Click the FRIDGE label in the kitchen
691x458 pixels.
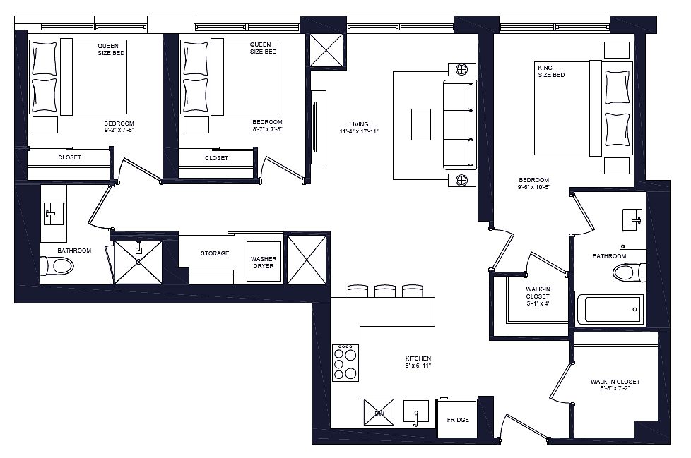point(457,420)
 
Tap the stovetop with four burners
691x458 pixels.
point(345,363)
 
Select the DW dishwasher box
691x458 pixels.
point(379,412)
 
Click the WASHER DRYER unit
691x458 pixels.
point(264,261)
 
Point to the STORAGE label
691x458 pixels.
point(215,253)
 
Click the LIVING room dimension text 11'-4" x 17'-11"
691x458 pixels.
point(359,131)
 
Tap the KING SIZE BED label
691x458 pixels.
point(551,71)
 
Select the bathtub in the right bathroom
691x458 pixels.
point(610,309)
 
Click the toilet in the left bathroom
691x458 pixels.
point(57,266)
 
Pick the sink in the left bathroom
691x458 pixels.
point(54,214)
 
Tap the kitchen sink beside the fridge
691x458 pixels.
point(416,412)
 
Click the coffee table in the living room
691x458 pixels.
point(421,124)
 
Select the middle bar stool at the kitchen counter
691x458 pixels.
point(385,291)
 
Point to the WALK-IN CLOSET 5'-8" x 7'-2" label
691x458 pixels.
point(615,385)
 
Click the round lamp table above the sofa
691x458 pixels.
point(461,70)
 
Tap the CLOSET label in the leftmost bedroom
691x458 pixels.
point(70,157)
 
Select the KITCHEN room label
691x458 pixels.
point(418,358)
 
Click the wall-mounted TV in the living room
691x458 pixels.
point(315,128)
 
